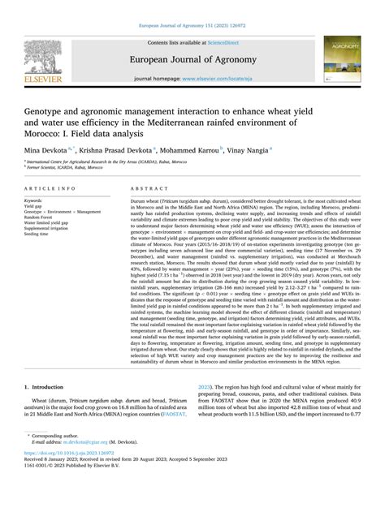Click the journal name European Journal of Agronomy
pyautogui.click(x=192, y=62)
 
